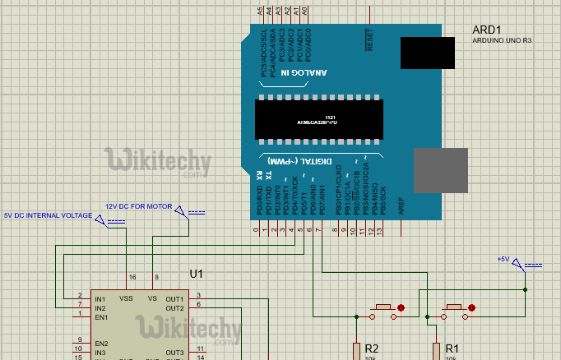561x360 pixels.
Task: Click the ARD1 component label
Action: click(x=487, y=30)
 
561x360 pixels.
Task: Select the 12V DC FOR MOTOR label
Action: click(x=137, y=206)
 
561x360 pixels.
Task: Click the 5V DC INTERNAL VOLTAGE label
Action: click(x=48, y=215)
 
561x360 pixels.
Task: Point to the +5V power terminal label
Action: click(x=503, y=259)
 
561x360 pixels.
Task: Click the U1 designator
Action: click(x=196, y=274)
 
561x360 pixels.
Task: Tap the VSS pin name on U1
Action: click(x=127, y=298)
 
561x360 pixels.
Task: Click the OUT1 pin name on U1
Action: click(x=174, y=298)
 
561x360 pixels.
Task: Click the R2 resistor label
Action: click(x=371, y=348)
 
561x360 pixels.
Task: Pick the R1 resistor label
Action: click(x=451, y=348)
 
